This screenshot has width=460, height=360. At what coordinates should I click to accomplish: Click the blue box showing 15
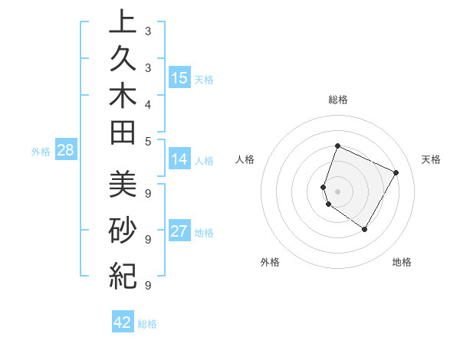[x=179, y=78]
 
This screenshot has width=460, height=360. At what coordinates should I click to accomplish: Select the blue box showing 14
[x=179, y=160]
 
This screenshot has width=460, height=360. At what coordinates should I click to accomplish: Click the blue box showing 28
[x=65, y=150]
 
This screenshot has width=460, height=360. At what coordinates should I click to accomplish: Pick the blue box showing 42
[x=123, y=322]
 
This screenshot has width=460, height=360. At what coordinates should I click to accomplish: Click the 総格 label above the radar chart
[x=337, y=100]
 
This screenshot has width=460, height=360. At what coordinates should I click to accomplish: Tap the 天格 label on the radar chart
[x=432, y=159]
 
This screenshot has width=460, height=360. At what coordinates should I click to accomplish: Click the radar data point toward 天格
[x=396, y=172]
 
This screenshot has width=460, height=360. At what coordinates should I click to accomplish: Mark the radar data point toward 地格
[x=364, y=229]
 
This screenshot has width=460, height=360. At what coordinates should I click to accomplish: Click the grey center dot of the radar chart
[x=337, y=191]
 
